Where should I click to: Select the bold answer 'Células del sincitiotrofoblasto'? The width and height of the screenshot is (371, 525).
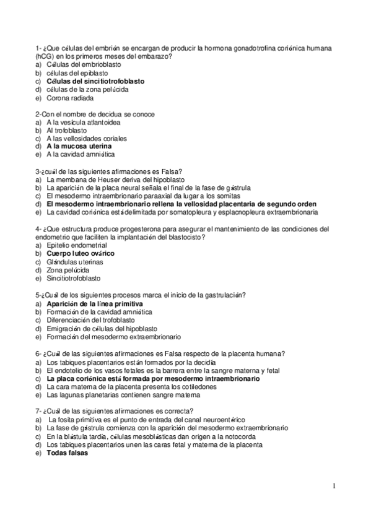point(95,81)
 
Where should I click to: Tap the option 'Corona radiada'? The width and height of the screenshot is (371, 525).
point(70,98)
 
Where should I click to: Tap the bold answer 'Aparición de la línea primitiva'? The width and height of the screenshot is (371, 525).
point(94,304)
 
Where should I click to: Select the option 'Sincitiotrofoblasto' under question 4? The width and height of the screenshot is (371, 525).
point(76,279)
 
